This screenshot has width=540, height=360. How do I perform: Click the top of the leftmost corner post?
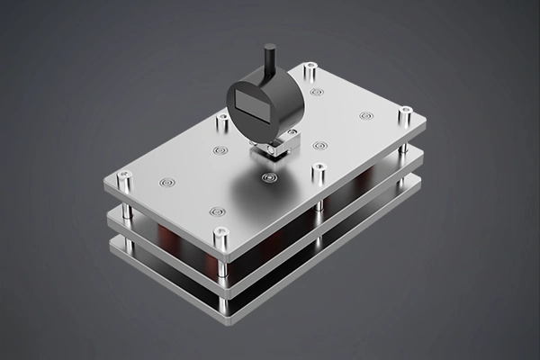tap(124, 179)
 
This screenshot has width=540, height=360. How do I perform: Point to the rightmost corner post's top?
tap(405, 112)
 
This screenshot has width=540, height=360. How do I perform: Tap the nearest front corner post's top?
tap(221, 236)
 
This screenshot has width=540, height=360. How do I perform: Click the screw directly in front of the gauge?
tap(266, 178)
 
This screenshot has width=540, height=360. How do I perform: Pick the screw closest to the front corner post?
tap(217, 212)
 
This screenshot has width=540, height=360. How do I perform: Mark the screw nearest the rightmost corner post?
tap(365, 115)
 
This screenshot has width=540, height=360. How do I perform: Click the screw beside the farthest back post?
tap(317, 91)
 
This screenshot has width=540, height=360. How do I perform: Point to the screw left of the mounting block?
tap(220, 150)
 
